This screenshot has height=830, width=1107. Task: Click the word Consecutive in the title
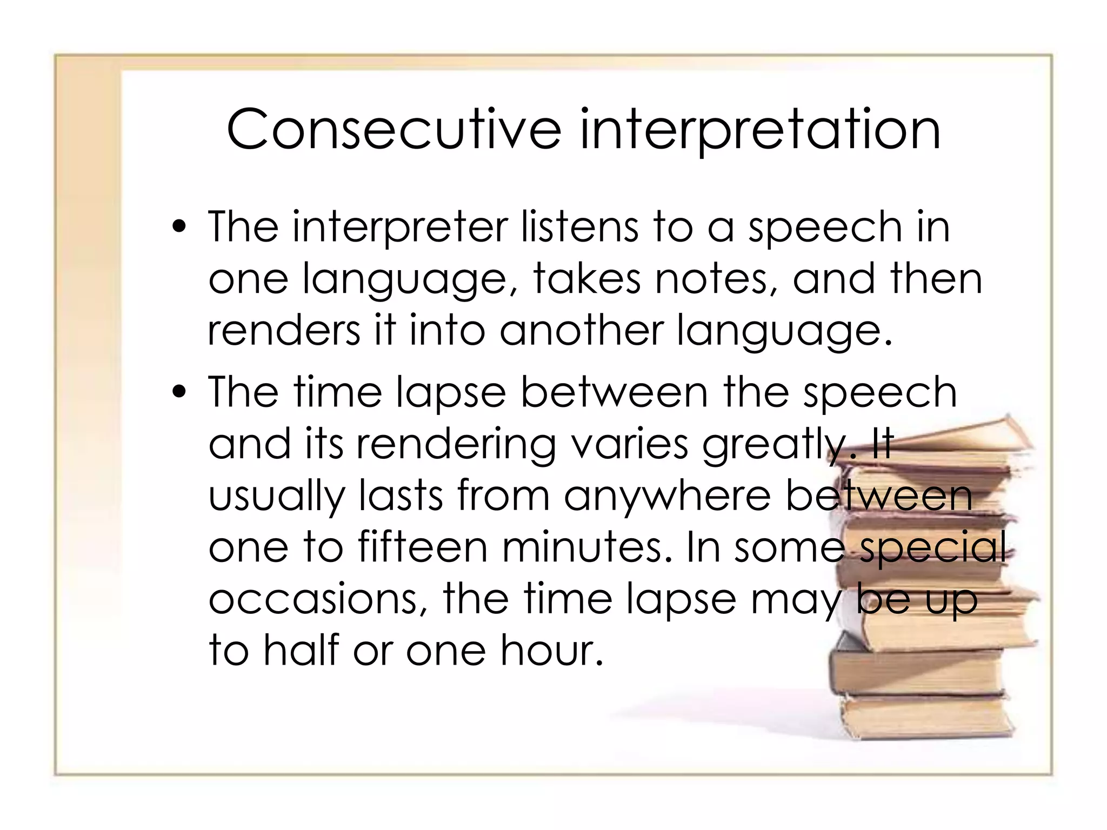click(394, 130)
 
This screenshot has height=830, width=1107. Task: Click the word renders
click(283, 331)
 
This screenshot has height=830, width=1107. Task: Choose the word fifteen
click(423, 548)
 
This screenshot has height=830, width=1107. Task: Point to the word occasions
click(318, 600)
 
